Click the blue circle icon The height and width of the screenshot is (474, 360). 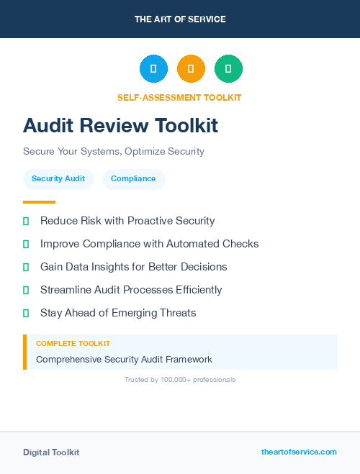point(153,69)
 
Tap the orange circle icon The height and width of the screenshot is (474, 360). point(191,69)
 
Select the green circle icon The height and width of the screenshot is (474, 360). point(228,69)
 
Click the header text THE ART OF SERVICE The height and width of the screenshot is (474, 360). point(180,19)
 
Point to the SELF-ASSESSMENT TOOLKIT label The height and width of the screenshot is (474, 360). point(179,97)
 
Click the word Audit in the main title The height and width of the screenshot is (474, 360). point(49,126)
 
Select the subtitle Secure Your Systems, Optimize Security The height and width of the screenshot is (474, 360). point(114,152)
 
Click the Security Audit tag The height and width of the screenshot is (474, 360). point(58,178)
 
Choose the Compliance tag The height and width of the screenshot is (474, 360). point(133,178)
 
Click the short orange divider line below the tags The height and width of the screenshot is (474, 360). point(39,202)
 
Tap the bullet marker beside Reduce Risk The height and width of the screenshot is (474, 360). point(26,221)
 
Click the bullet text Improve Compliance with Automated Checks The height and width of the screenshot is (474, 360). point(149,244)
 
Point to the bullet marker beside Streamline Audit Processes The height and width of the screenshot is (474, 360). point(26,290)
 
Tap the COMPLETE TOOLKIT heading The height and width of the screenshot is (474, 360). point(73,344)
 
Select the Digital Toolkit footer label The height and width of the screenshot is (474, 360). point(51,452)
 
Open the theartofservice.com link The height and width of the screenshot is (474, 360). point(299,452)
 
